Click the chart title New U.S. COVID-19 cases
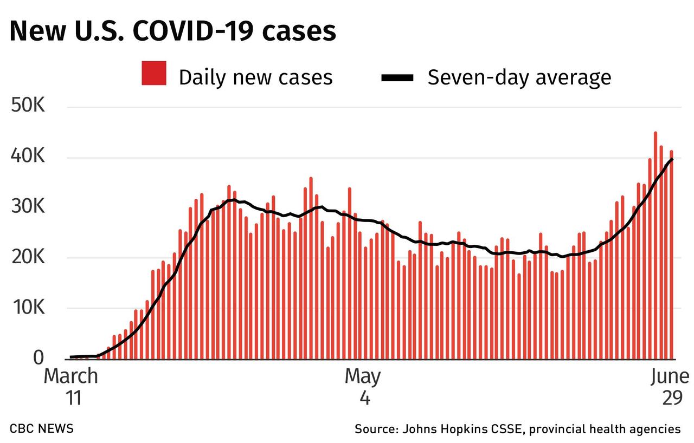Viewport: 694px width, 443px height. coord(172,31)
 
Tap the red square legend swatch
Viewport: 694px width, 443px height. coord(153,74)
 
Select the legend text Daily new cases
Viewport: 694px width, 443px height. coord(255,77)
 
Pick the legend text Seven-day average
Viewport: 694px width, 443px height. coord(519,77)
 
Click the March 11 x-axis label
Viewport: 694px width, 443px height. coord(70,386)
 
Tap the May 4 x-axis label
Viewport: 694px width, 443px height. coord(362,386)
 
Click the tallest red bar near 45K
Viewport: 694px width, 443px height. coord(656,244)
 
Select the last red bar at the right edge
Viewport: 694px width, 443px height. coord(671,255)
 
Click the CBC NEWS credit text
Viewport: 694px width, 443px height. coord(41,428)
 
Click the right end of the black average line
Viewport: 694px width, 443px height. coord(672,159)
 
